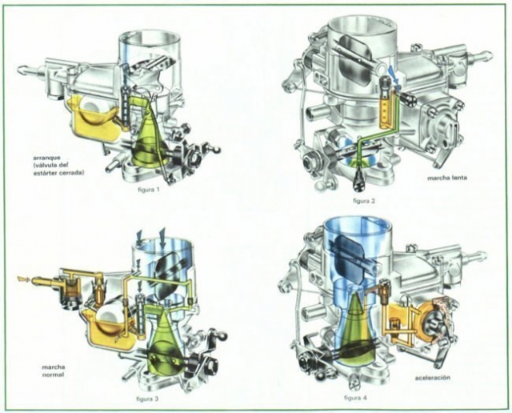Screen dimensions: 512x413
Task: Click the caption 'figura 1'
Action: [149, 189]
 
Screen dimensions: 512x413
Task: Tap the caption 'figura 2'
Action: [364, 201]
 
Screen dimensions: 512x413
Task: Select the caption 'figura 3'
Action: [147, 399]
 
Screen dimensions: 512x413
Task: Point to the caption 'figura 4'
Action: [355, 398]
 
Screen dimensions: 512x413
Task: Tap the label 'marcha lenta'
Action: [447, 178]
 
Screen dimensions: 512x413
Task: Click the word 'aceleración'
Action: [433, 378]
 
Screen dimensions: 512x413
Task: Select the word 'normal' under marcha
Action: [54, 375]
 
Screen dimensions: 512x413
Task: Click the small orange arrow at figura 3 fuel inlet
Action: [24, 279]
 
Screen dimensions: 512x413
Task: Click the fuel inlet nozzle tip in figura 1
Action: [22, 70]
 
